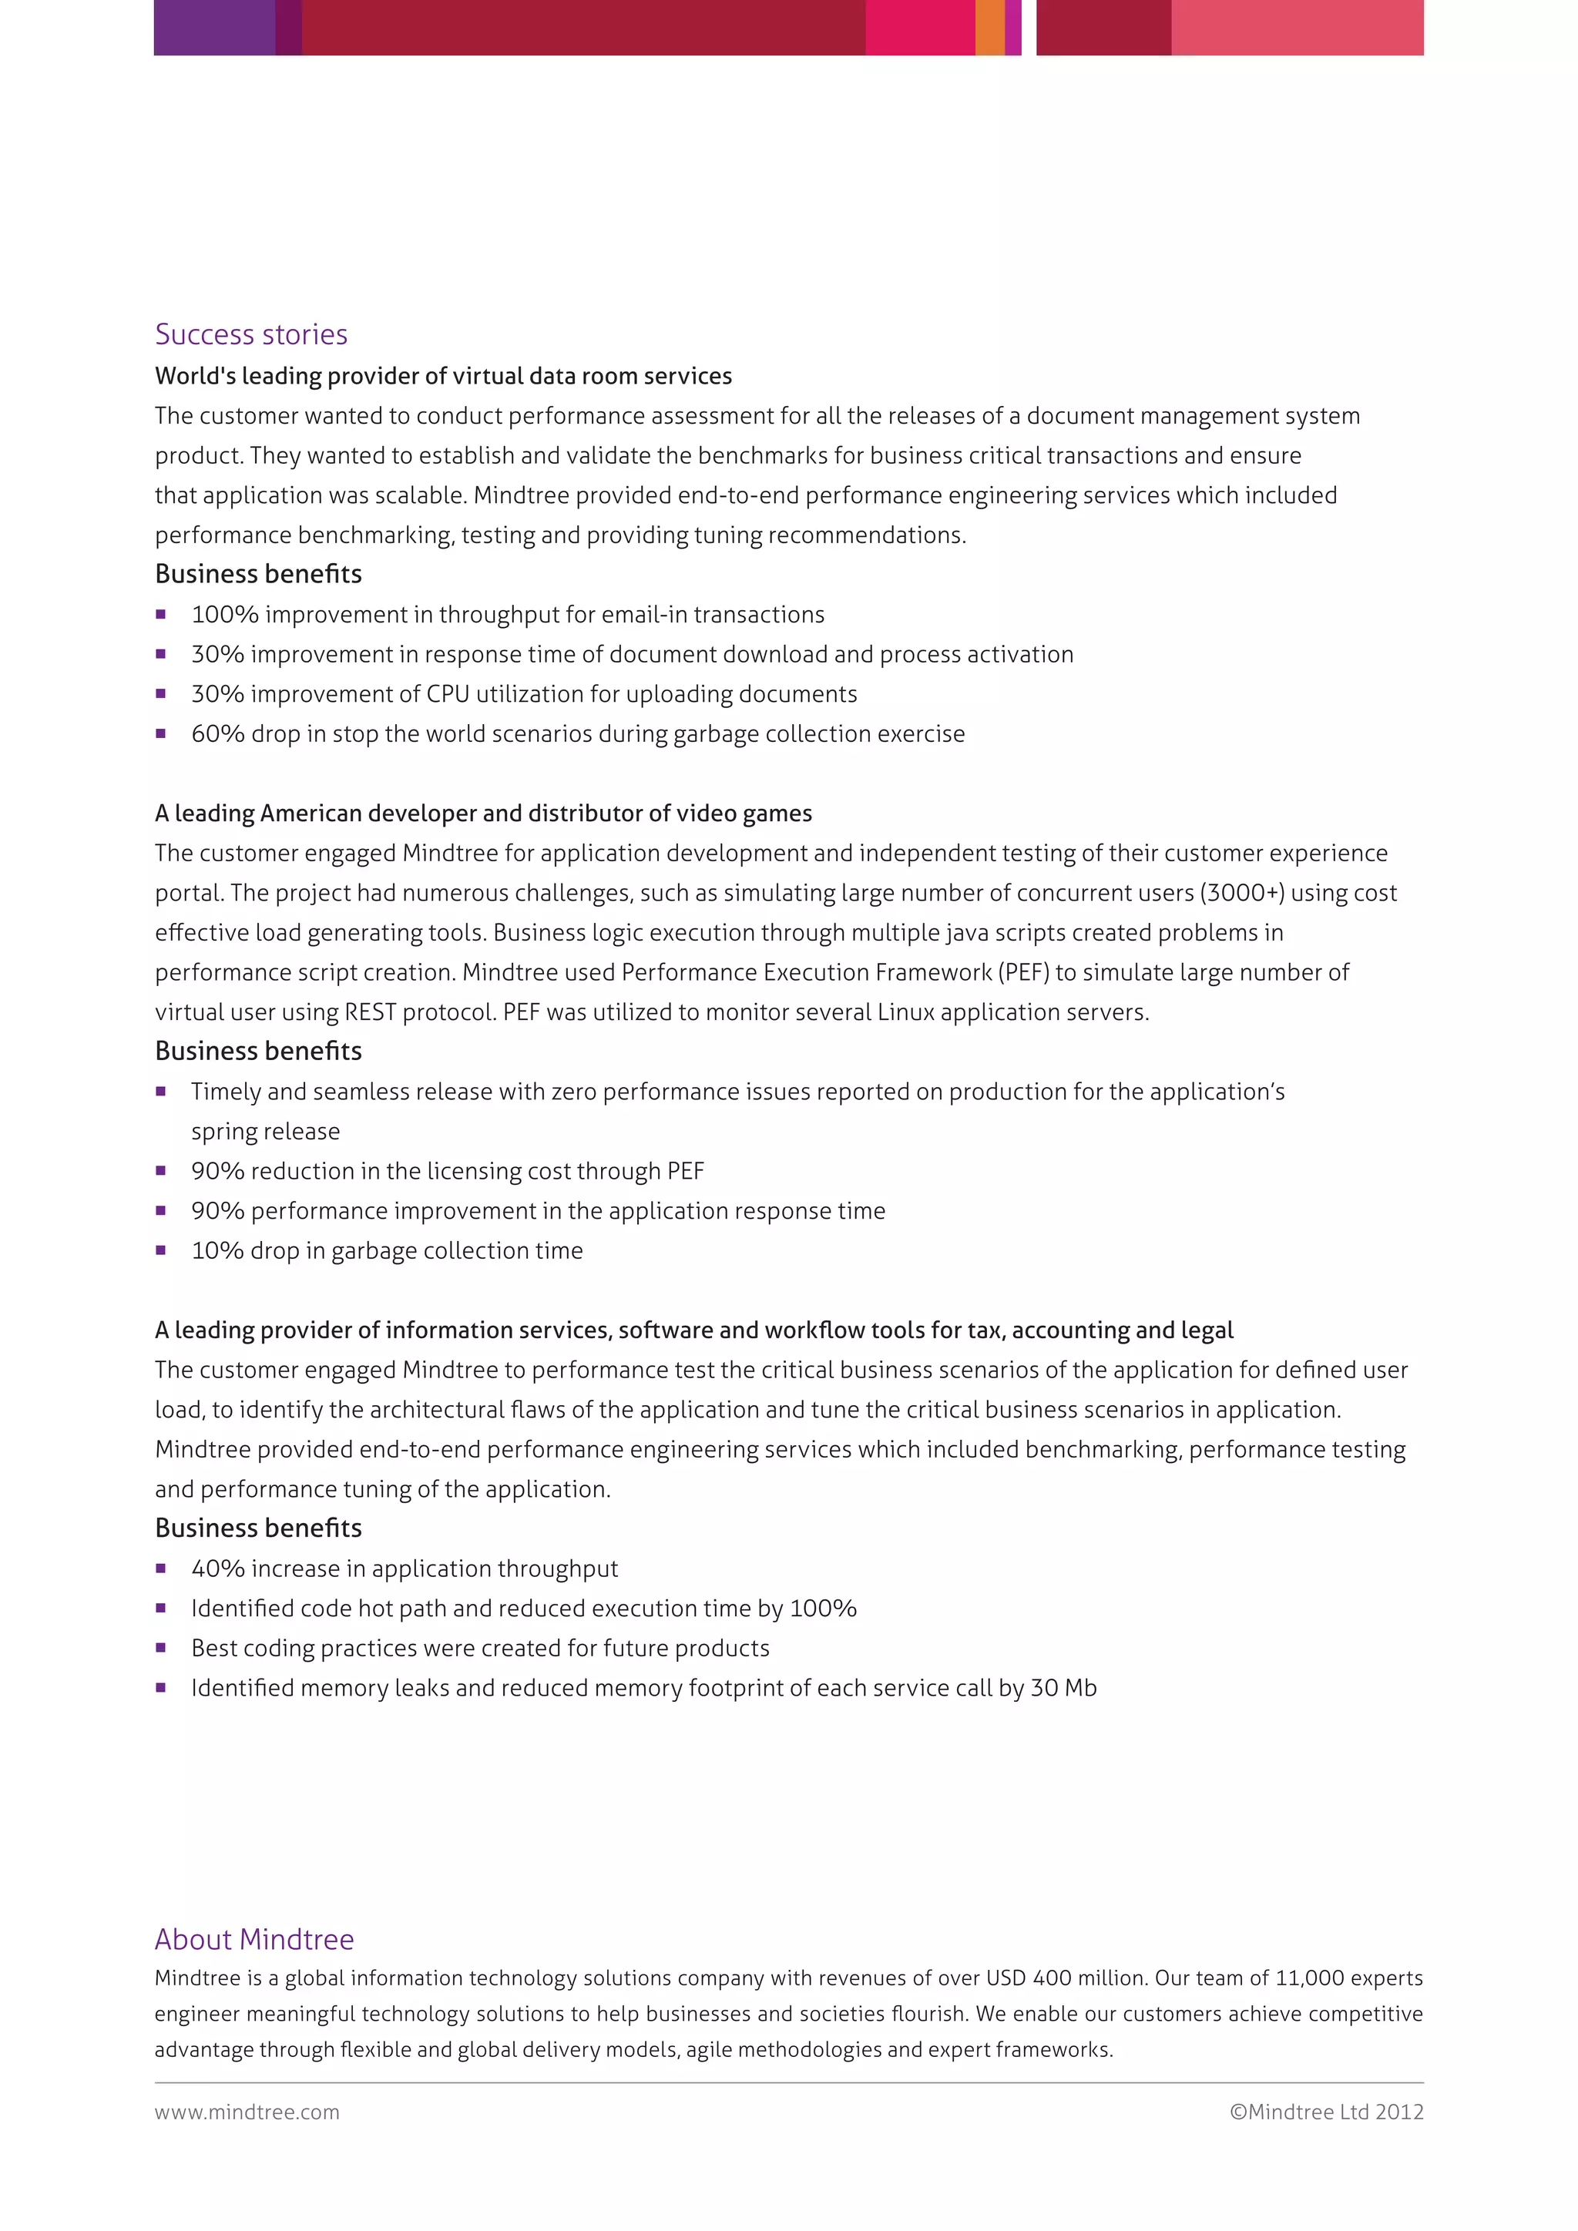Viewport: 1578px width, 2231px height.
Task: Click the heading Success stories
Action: click(x=250, y=334)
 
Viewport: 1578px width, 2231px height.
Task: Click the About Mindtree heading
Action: click(x=253, y=1938)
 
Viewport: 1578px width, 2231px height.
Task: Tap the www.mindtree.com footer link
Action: click(x=247, y=2112)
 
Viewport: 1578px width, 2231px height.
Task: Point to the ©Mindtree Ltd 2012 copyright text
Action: click(x=1326, y=2112)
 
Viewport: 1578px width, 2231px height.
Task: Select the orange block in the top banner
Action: click(x=989, y=27)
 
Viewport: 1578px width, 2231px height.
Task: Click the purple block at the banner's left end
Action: click(x=213, y=27)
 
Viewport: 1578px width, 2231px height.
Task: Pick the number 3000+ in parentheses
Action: click(x=1242, y=893)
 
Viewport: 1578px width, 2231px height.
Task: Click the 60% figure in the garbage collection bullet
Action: click(x=217, y=733)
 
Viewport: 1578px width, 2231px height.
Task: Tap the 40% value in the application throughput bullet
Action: click(x=217, y=1568)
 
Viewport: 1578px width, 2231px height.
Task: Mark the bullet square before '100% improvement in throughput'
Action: click(x=161, y=615)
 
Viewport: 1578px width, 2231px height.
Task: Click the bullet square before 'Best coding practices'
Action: click(x=161, y=1649)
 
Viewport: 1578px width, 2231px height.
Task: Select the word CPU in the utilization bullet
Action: click(x=448, y=694)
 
